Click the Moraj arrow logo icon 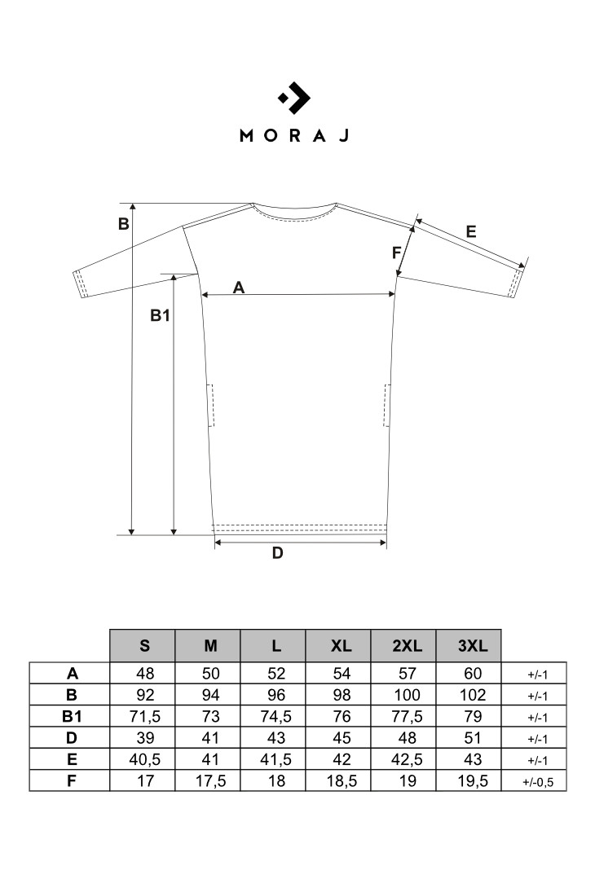294,98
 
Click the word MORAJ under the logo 294,135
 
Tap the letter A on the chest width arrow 239,288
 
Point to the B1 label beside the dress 160,315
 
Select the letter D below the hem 277,553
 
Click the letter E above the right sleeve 471,231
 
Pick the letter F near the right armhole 396,253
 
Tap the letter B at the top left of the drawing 124,224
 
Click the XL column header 341,646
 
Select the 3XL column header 473,646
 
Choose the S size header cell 144,646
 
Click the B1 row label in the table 72,716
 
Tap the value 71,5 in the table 145,716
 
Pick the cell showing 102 473,695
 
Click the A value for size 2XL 407,674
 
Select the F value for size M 210,780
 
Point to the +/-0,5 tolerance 537,782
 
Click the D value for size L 276,738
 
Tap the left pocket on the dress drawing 209,405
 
